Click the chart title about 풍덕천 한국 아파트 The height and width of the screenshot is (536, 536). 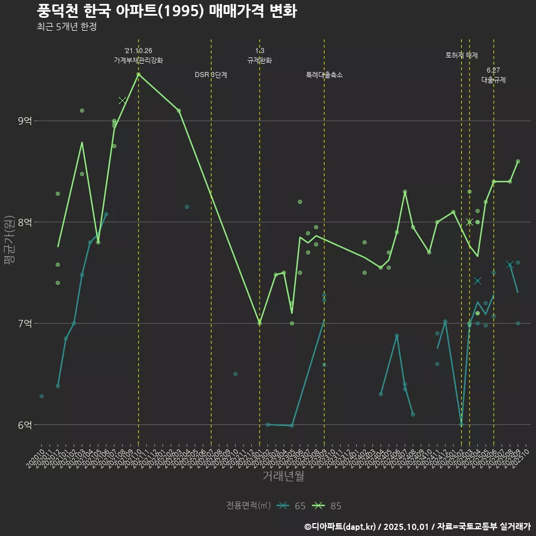pyautogui.click(x=167, y=11)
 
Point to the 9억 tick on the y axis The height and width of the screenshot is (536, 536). pyautogui.click(x=25, y=121)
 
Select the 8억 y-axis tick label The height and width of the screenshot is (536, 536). pyautogui.click(x=25, y=222)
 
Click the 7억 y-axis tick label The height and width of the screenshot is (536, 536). pyautogui.click(x=25, y=323)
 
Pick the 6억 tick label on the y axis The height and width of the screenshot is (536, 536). pyautogui.click(x=25, y=425)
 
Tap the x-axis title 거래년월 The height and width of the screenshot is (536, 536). pyautogui.click(x=284, y=476)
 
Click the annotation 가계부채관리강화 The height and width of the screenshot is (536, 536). pyautogui.click(x=138, y=60)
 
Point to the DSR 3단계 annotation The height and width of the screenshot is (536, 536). pyautogui.click(x=211, y=75)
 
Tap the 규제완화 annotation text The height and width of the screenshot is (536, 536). pyautogui.click(x=260, y=60)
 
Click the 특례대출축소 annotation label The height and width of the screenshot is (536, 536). pyautogui.click(x=324, y=75)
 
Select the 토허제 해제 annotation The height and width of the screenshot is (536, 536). pyautogui.click(x=462, y=55)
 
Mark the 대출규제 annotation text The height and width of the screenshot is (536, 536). pyautogui.click(x=494, y=80)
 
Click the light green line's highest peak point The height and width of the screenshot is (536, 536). pyautogui.click(x=138, y=74)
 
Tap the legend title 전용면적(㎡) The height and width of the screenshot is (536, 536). pyautogui.click(x=248, y=506)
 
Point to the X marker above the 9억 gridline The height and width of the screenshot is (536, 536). pyautogui.click(x=122, y=100)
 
